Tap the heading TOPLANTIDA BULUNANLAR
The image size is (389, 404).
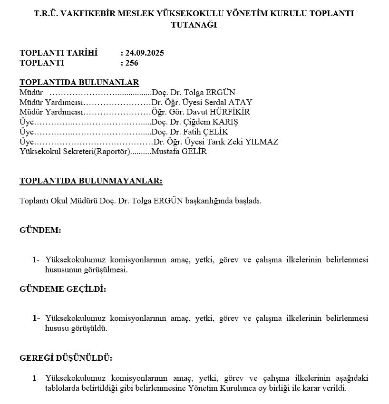[x=79, y=82]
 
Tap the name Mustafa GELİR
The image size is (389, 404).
[x=179, y=152]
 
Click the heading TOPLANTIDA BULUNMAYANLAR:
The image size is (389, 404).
[x=91, y=181]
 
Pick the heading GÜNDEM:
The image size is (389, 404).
[x=40, y=230]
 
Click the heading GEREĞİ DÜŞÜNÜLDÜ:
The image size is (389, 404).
[x=66, y=357]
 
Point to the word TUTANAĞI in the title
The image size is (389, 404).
[x=194, y=25]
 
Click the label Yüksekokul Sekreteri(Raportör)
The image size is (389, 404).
[x=75, y=152]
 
